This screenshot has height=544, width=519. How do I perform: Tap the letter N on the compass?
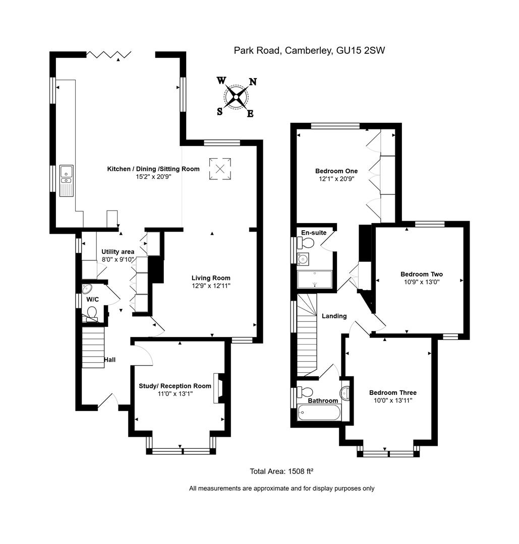(253, 82)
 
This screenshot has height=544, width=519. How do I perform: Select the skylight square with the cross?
(220, 168)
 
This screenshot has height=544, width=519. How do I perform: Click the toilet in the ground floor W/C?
(92, 315)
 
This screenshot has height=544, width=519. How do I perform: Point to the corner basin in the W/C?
(87, 289)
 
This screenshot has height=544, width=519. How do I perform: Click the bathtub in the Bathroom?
(320, 415)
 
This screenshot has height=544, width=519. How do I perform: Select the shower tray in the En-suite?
(315, 280)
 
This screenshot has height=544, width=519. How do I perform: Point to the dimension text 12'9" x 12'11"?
(210, 286)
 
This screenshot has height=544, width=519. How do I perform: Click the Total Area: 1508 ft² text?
(281, 471)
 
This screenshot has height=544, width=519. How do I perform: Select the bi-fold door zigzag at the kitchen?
(109, 54)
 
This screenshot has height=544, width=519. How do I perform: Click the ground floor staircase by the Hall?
(93, 347)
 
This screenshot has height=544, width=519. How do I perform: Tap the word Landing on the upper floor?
(334, 316)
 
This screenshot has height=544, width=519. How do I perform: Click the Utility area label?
(118, 252)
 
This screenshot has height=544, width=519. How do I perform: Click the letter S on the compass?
(220, 112)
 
